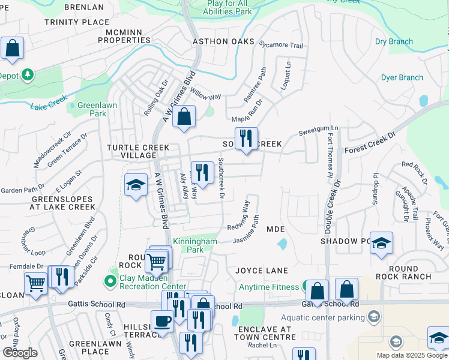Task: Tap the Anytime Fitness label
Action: [268, 287]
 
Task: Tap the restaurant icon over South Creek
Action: [246, 139]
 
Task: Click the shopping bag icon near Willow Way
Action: [184, 117]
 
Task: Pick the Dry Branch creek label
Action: [394, 41]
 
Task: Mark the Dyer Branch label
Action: [402, 77]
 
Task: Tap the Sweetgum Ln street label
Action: [319, 128]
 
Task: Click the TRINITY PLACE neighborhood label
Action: [77, 22]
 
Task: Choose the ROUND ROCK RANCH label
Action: [403, 272]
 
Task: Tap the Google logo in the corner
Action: [20, 353]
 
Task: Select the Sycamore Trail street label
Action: [280, 45]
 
